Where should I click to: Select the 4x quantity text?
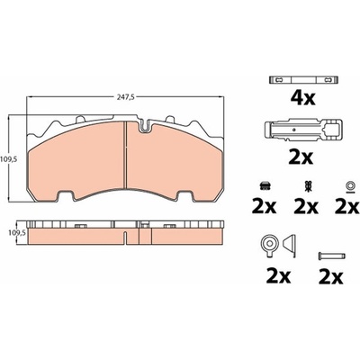[302, 98]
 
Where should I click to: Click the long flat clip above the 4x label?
[303, 80]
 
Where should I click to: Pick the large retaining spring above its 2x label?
[302, 130]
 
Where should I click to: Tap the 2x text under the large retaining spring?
[301, 157]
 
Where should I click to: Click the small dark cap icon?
[265, 186]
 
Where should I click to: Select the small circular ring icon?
[349, 186]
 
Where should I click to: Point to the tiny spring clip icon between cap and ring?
[307, 186]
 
